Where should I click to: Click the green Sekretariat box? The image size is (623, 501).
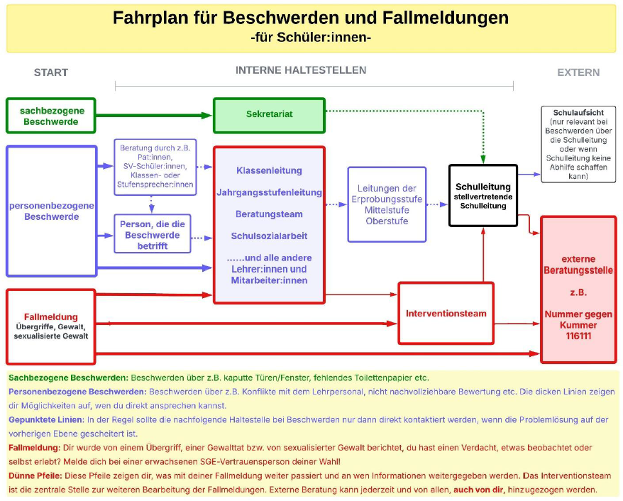pos(269,114)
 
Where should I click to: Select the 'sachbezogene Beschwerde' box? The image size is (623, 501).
pos(51,116)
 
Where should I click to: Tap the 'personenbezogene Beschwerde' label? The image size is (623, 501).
pos(51,211)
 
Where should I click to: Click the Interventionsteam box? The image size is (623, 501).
pos(446,313)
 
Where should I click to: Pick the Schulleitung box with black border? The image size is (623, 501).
pos(483,195)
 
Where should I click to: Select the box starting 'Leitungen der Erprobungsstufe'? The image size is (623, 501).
pos(387,204)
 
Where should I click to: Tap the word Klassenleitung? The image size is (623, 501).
pos(269,170)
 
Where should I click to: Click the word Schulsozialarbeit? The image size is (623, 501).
pos(269,236)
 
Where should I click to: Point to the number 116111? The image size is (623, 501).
pos(578,336)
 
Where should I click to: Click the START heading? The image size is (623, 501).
pos(51,72)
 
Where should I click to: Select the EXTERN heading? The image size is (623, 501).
pos(578,72)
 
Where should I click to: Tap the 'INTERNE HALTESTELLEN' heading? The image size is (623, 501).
pos(301,70)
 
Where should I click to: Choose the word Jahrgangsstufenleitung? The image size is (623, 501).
pos(269,192)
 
